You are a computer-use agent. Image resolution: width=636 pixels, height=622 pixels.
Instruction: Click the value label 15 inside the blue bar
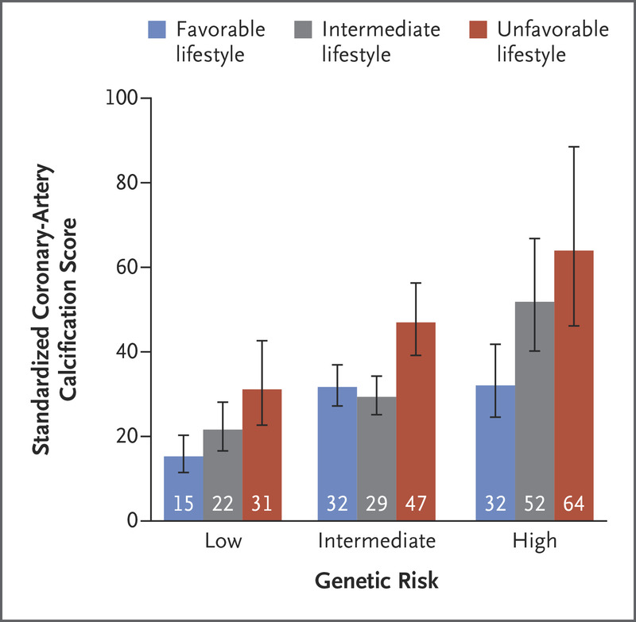tap(183, 504)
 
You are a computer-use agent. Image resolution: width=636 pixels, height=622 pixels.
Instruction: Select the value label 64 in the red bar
tap(573, 504)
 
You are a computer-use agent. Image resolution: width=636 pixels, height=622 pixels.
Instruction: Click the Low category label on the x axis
tap(223, 542)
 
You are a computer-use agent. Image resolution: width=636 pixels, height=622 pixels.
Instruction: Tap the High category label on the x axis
tap(534, 542)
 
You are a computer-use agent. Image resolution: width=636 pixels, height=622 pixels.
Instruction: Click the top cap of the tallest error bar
tap(573, 147)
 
